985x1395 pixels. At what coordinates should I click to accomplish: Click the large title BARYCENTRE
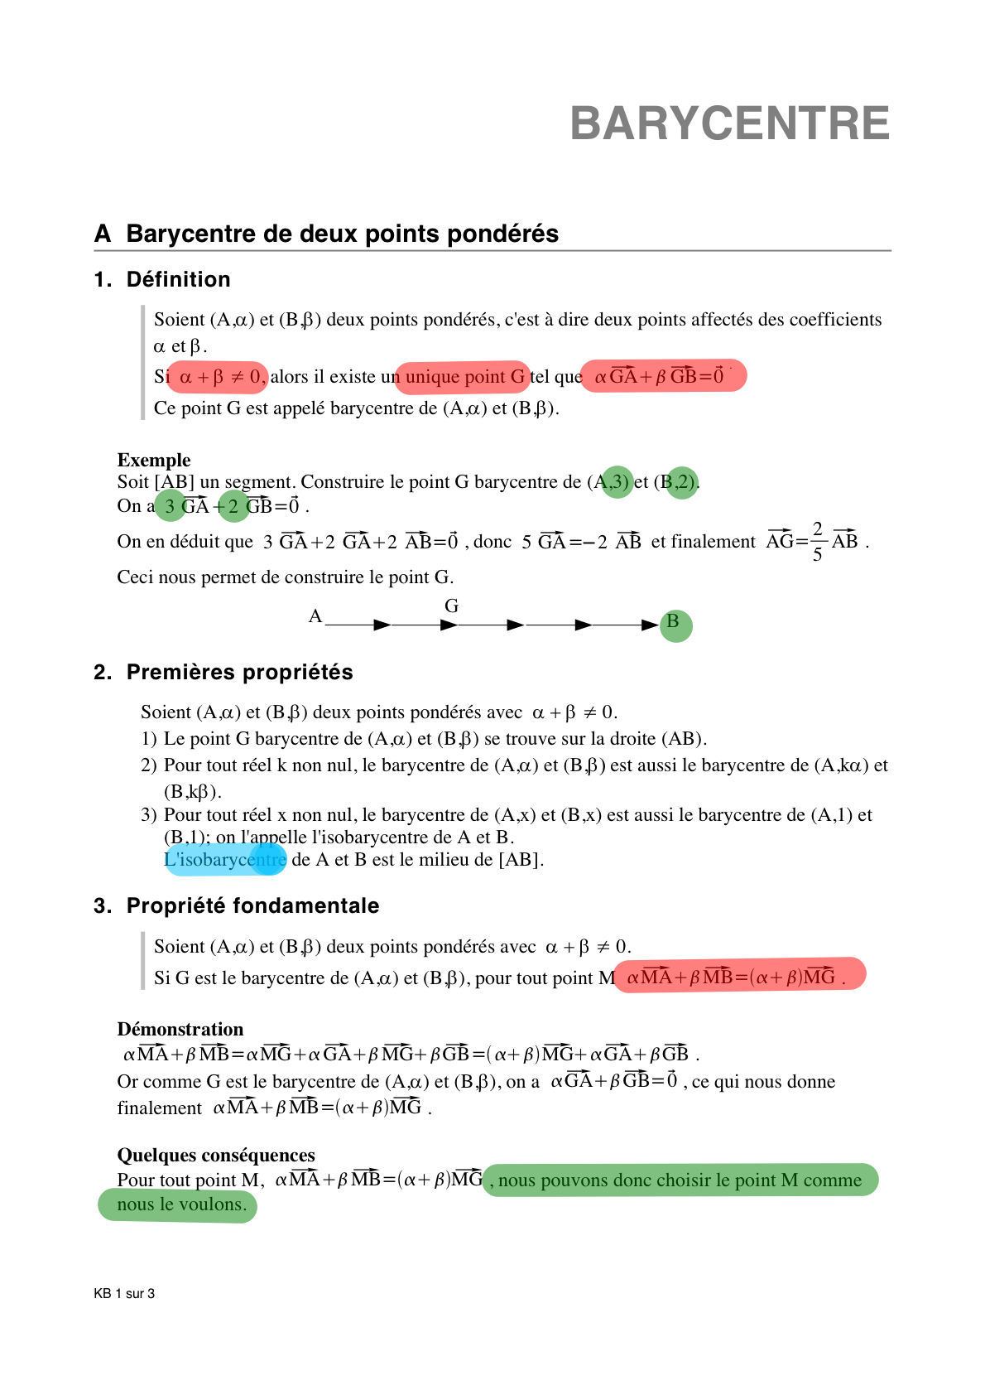pyautogui.click(x=729, y=124)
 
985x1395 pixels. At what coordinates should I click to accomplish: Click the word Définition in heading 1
pyautogui.click(x=178, y=280)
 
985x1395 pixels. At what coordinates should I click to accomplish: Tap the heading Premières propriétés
pyautogui.click(x=239, y=673)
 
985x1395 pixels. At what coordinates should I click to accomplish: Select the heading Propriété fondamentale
pyautogui.click(x=252, y=906)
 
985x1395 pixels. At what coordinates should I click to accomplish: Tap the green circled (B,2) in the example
pyautogui.click(x=682, y=481)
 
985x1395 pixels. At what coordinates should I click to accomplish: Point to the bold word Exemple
pyautogui.click(x=154, y=461)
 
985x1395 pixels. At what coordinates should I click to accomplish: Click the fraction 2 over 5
pyautogui.click(x=817, y=542)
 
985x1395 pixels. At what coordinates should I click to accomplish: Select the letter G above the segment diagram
pyautogui.click(x=451, y=606)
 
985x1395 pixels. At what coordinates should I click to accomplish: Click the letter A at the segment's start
pyautogui.click(x=315, y=616)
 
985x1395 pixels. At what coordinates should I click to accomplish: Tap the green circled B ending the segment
pyautogui.click(x=675, y=624)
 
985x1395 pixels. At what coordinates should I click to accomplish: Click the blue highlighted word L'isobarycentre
pyautogui.click(x=225, y=860)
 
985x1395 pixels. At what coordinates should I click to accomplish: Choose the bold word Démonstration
pyautogui.click(x=180, y=1030)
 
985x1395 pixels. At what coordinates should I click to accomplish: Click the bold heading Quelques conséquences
pyautogui.click(x=216, y=1156)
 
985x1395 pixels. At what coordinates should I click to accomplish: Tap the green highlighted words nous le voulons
pyautogui.click(x=180, y=1204)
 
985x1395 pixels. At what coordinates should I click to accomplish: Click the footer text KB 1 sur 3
pyautogui.click(x=124, y=1294)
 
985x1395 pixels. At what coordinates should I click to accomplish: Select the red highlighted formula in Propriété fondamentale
pyautogui.click(x=738, y=976)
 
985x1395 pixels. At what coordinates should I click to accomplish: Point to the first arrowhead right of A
pyautogui.click(x=382, y=625)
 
